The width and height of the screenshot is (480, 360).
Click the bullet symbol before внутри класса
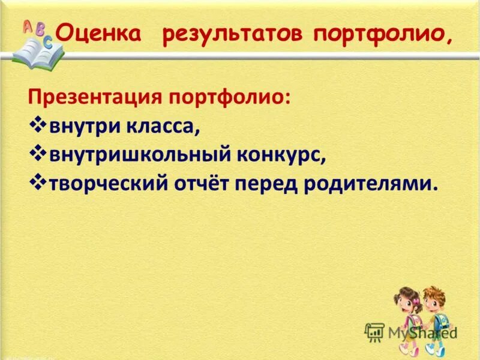click(x=37, y=126)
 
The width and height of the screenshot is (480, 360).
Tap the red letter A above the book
click(x=28, y=26)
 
